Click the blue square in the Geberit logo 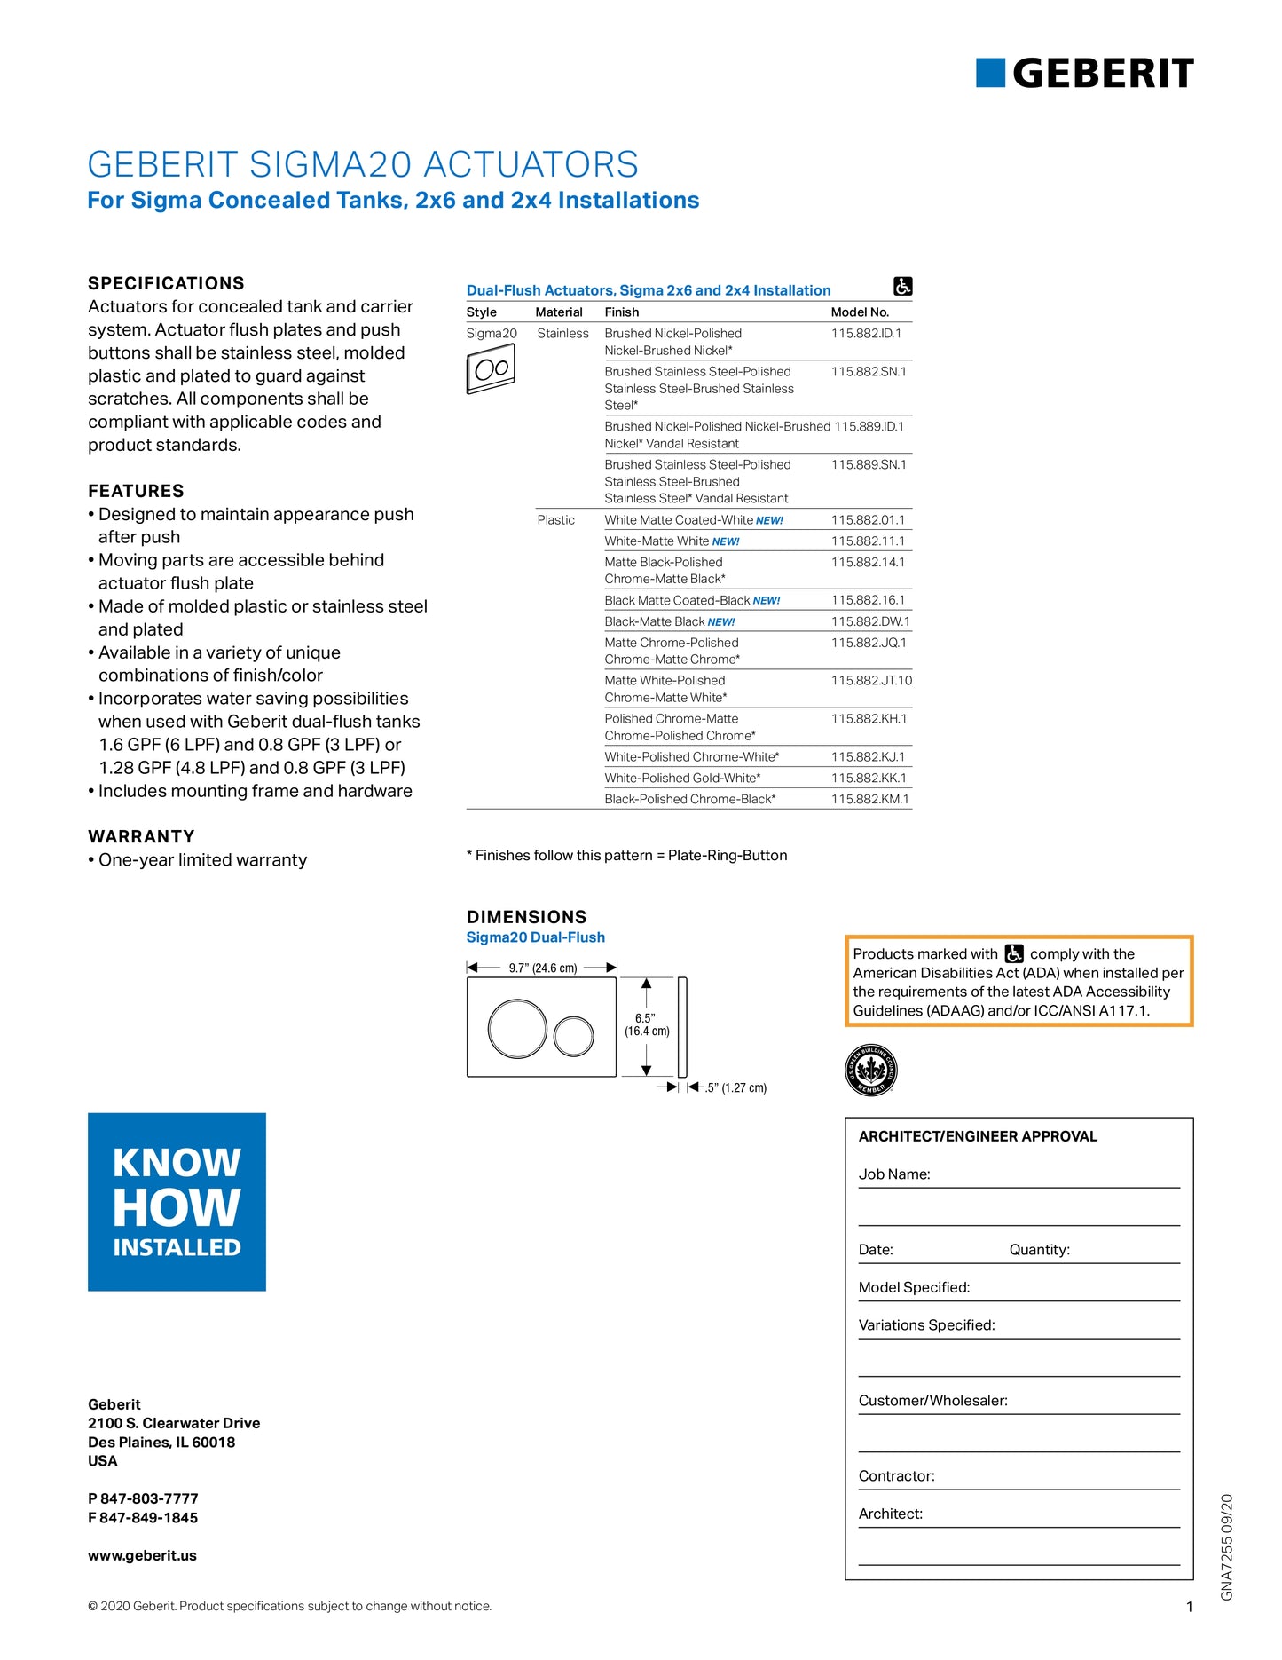[990, 73]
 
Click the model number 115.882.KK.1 [869, 778]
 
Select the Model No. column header [860, 312]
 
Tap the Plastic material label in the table [555, 520]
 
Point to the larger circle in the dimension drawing [517, 1028]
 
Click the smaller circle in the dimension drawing [574, 1036]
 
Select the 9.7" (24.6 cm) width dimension [542, 968]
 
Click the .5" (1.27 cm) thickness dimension [735, 1088]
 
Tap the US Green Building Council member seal [871, 1070]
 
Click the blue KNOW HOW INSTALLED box [177, 1202]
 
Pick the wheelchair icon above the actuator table [902, 287]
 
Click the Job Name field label [894, 1174]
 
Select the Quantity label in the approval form [1039, 1250]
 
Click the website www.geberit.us [142, 1555]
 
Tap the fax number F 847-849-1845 [143, 1518]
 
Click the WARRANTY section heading [141, 836]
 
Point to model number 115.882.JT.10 [871, 681]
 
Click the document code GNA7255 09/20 [1227, 1546]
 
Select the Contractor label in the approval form [896, 1476]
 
